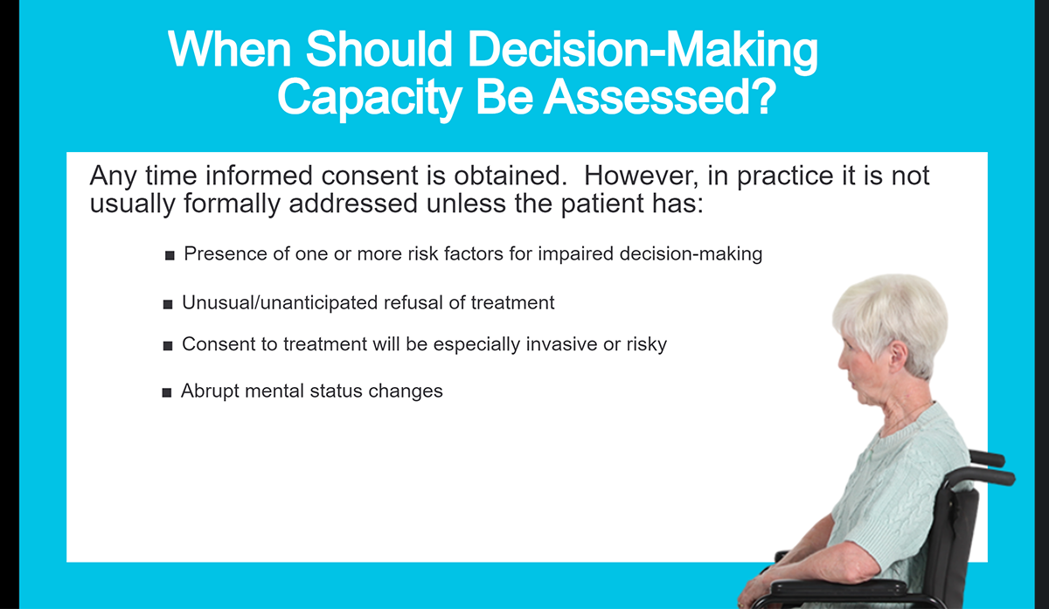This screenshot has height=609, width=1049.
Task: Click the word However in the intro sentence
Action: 641,176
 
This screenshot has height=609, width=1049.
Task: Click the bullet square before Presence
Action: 170,255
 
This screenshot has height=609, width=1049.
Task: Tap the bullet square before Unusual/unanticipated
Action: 168,304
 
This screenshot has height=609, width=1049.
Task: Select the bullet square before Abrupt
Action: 167,392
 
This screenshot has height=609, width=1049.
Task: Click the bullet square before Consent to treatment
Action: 168,345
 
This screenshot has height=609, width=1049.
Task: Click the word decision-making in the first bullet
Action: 691,254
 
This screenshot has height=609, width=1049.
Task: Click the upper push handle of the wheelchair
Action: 987,458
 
